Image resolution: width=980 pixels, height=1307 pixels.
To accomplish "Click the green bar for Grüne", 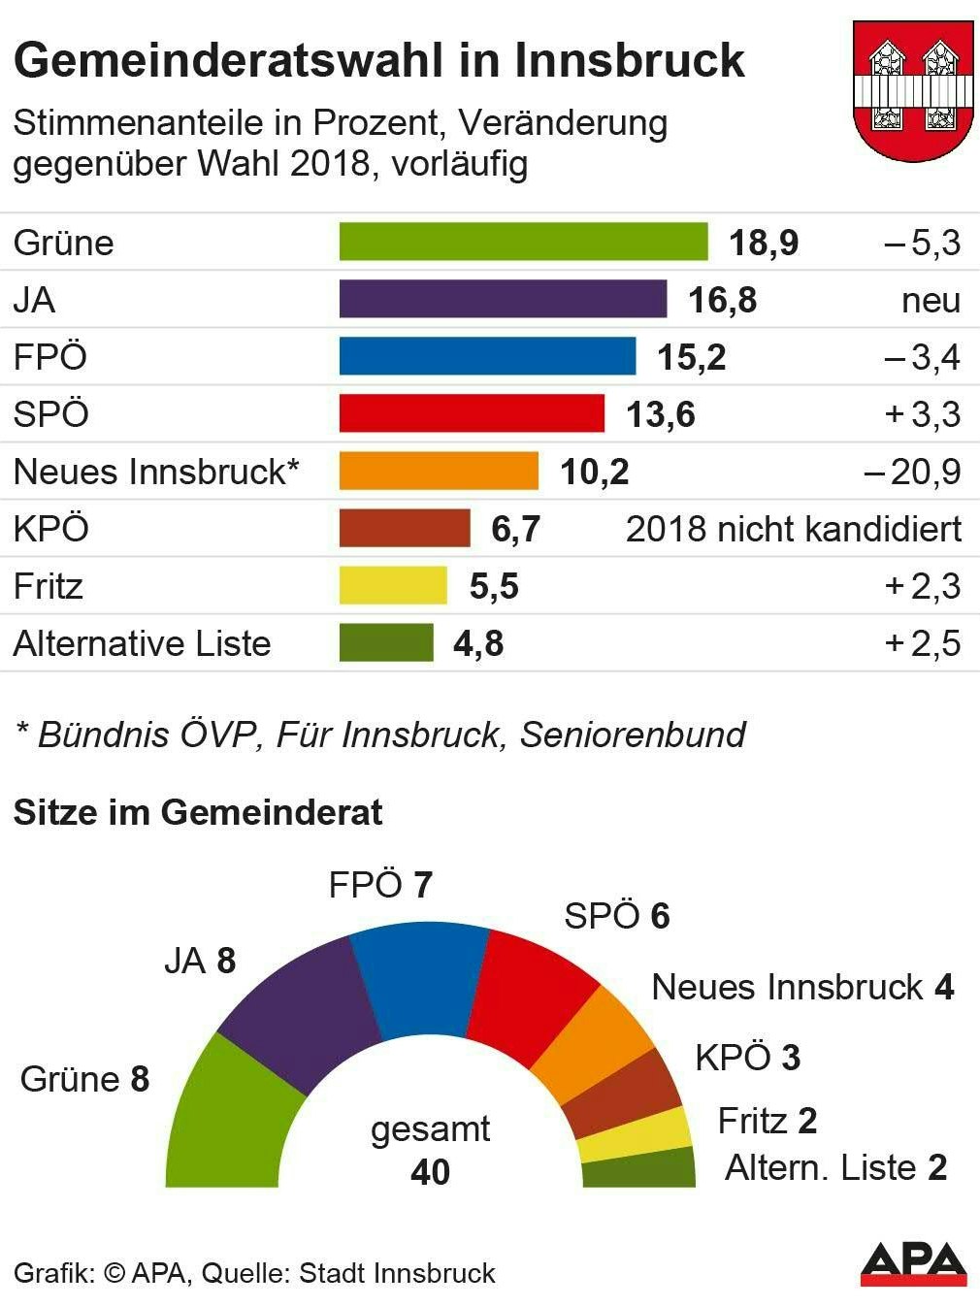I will tap(523, 242).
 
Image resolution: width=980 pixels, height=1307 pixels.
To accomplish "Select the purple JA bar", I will tap(503, 299).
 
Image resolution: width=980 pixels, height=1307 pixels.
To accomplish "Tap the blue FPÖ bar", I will tap(487, 356).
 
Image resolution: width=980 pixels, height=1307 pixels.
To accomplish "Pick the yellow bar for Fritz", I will tap(393, 586).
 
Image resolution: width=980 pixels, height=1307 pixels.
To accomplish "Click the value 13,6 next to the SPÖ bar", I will tap(660, 414).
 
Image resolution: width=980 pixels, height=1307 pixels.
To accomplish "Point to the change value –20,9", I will tap(912, 472).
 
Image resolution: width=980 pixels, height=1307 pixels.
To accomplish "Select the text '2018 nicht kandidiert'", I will tap(793, 529).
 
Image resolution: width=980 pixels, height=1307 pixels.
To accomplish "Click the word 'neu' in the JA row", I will tap(931, 300).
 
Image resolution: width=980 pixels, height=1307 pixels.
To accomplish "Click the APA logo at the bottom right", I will tap(913, 1263).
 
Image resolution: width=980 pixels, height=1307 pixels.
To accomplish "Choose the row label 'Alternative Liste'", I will tap(142, 643).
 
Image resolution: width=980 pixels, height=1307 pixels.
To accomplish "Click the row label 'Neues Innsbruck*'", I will tap(156, 472).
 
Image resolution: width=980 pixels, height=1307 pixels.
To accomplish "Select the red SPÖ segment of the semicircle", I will tap(536, 995).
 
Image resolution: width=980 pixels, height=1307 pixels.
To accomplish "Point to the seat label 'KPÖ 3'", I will tap(747, 1058).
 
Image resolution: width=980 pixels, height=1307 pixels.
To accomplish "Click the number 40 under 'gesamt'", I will tap(430, 1172).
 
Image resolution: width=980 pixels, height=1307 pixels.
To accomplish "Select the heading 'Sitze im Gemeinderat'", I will tap(198, 812).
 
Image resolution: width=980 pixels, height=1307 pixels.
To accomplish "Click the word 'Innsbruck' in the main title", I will tap(629, 60).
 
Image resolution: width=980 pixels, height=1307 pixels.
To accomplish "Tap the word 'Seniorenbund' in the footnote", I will tap(633, 735).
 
